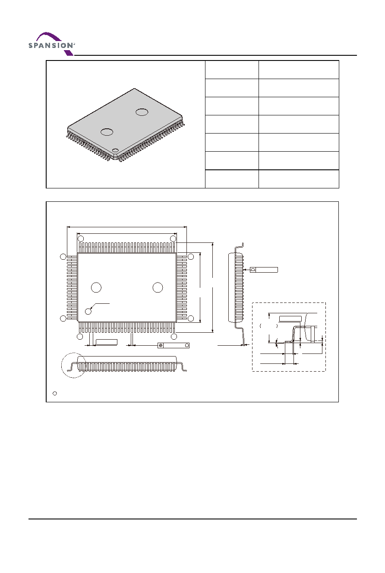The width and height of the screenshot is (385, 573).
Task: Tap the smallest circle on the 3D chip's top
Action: click(116, 150)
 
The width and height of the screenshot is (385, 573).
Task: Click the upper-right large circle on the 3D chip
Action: click(142, 112)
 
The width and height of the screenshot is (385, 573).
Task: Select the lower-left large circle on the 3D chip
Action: click(107, 132)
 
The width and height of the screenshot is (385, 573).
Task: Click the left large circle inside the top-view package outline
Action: click(96, 287)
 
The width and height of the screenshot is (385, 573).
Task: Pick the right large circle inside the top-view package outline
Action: click(158, 287)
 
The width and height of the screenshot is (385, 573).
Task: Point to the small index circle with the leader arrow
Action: click(88, 311)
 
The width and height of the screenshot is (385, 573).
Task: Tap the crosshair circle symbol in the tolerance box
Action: click(161, 346)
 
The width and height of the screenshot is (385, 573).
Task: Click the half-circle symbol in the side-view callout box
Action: click(253, 270)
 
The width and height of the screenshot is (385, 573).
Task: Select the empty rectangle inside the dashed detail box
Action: click(290, 319)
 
